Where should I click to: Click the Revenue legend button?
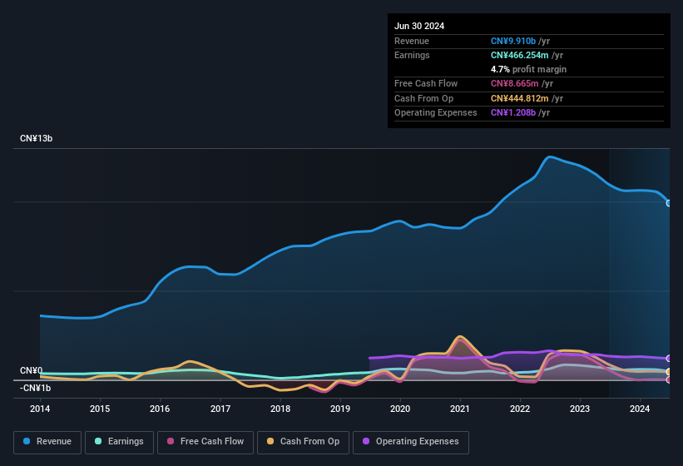click(47, 441)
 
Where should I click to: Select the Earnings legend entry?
click(119, 441)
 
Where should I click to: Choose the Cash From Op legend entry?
click(303, 441)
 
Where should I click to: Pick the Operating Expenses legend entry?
click(411, 441)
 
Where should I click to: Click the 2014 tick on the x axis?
click(40, 409)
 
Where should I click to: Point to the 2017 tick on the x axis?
click(220, 409)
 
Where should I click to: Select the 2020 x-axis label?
click(400, 409)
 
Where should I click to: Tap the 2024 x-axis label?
click(640, 409)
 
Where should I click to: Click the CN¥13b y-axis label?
click(37, 138)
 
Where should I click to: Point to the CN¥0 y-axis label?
click(32, 370)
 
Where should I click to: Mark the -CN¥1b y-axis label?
click(36, 388)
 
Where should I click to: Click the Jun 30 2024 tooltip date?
click(419, 26)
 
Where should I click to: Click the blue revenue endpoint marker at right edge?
click(669, 203)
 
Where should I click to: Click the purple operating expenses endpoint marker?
click(669, 359)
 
